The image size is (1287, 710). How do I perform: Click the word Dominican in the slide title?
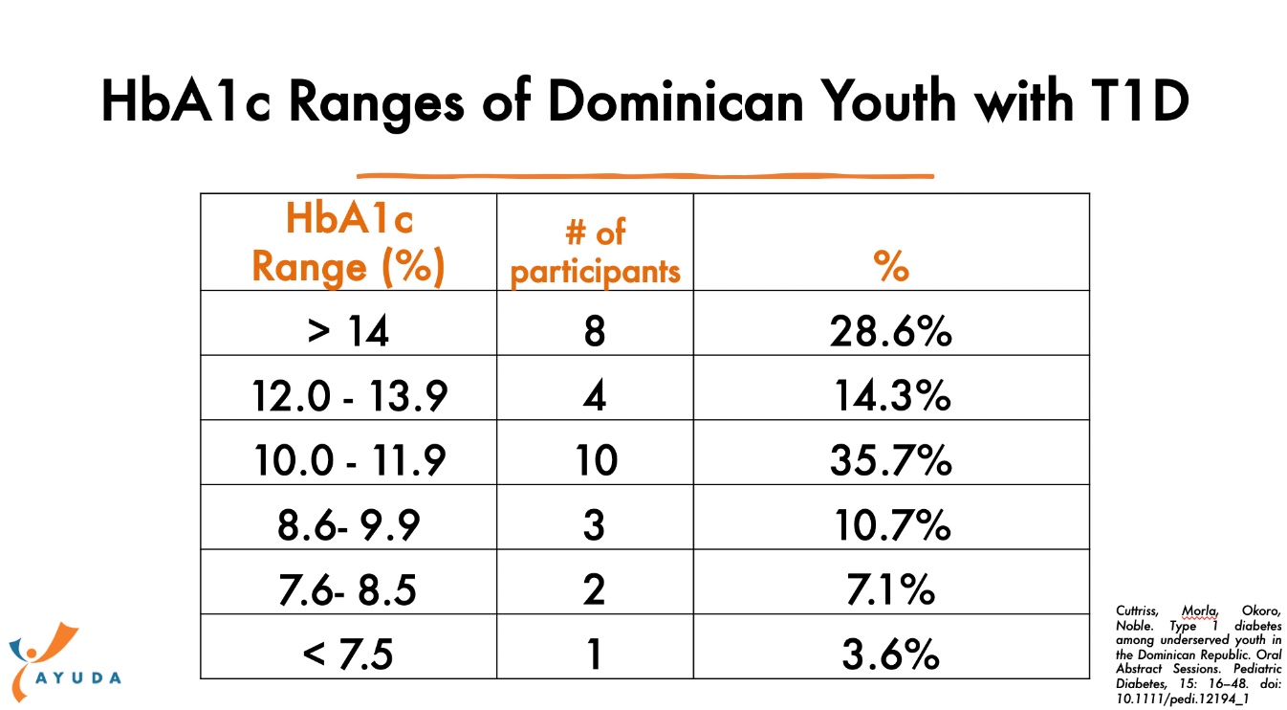coord(676,101)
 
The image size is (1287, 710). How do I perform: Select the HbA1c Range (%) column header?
coord(349,243)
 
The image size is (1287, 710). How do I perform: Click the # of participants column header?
coord(596,252)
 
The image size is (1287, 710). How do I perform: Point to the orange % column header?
coord(891,266)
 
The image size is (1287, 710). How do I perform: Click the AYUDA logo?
coord(63,662)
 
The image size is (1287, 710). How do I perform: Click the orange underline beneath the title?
coord(645,176)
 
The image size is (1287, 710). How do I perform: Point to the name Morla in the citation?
coord(1200,611)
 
